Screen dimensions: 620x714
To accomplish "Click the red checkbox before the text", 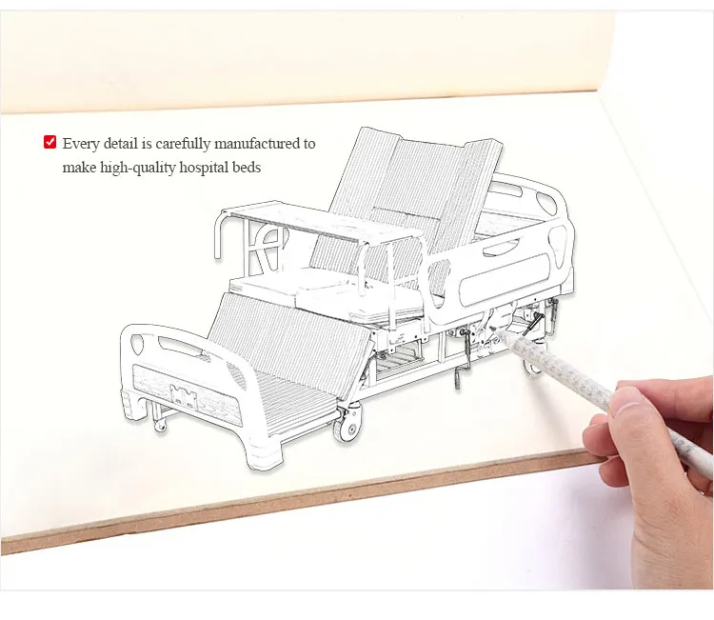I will click(50, 143).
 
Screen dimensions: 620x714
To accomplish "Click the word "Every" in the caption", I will click(81, 144).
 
